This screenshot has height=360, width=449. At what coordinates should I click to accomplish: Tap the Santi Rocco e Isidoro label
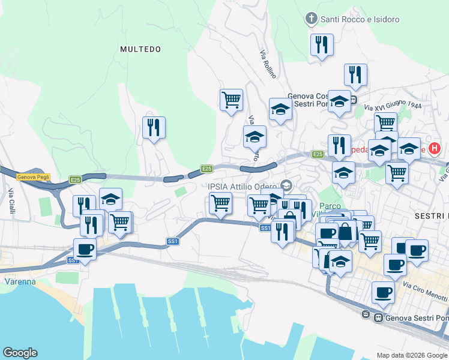tap(360, 19)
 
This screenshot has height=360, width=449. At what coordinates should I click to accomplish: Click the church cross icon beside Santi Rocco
tap(311, 19)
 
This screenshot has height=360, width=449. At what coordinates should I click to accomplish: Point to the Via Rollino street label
tap(268, 64)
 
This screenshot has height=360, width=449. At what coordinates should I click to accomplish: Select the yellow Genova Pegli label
tap(34, 176)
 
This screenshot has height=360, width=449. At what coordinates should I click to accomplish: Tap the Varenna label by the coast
tap(20, 281)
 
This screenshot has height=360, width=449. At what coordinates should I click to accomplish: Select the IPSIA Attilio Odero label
tap(244, 185)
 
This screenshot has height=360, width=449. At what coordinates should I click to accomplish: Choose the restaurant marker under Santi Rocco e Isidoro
tap(322, 45)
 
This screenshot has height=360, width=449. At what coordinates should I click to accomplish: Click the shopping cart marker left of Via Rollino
tap(231, 99)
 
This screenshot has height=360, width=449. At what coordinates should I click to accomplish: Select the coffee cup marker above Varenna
tap(85, 249)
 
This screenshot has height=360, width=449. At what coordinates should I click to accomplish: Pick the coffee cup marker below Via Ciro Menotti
tap(383, 292)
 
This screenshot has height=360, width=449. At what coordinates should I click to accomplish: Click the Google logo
tap(20, 353)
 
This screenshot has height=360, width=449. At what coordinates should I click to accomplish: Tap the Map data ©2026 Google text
tap(411, 355)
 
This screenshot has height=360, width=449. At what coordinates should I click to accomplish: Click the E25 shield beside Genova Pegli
tap(75, 179)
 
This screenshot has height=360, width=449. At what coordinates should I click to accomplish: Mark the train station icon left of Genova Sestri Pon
tap(366, 314)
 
